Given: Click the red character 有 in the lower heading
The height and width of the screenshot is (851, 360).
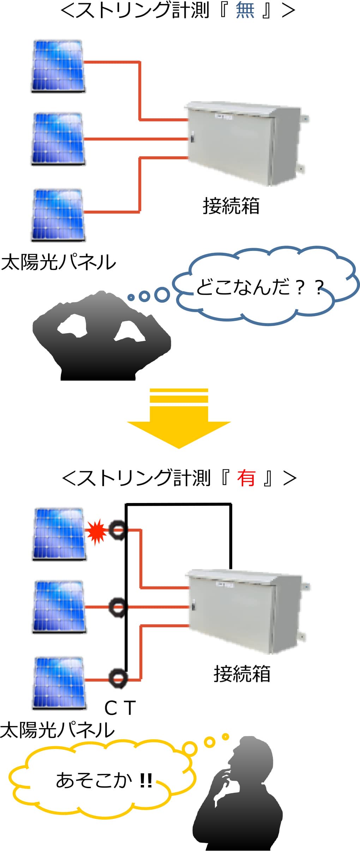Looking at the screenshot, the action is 246,479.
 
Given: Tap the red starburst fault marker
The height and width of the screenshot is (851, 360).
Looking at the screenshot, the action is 96,532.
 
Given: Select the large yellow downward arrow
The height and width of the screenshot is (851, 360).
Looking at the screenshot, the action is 179,418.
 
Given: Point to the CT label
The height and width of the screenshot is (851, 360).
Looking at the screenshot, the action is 120,708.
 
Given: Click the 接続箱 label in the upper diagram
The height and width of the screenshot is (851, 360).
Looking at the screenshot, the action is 231,206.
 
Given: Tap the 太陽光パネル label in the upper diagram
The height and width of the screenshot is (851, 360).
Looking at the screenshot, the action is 59,262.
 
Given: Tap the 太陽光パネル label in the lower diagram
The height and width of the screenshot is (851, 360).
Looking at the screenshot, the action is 58,730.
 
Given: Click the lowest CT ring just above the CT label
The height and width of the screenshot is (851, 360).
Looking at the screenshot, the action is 118,678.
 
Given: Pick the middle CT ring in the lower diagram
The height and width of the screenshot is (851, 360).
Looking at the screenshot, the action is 117,607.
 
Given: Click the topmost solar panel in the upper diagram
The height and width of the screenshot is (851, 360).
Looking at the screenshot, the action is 58,66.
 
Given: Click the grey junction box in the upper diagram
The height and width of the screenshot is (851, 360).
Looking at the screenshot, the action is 247,144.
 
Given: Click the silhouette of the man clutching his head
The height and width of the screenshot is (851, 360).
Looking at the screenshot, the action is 102,336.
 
